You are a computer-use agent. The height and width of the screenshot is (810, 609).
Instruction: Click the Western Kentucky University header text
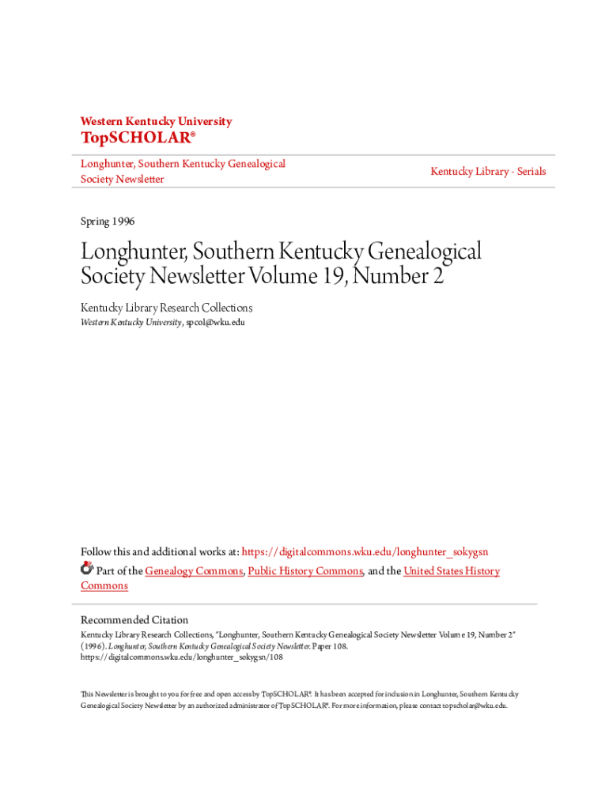click(x=156, y=121)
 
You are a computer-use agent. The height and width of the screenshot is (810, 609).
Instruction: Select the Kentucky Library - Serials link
click(x=488, y=171)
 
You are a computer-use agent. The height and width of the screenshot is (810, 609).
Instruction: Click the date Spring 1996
click(x=108, y=221)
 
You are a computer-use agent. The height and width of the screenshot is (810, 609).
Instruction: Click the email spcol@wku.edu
click(x=214, y=323)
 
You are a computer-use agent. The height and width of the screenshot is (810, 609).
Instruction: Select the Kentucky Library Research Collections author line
click(x=166, y=308)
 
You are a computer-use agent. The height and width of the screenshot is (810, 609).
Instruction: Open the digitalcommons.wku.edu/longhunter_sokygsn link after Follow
click(x=370, y=551)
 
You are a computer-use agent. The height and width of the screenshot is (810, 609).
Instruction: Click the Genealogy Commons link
click(x=194, y=571)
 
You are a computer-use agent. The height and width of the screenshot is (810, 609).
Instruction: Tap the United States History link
click(x=451, y=571)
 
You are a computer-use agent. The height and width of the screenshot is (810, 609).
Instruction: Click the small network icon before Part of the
click(x=87, y=569)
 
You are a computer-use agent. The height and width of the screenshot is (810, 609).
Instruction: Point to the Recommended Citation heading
click(x=134, y=620)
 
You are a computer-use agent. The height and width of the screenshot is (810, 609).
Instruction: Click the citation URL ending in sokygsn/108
click(x=181, y=657)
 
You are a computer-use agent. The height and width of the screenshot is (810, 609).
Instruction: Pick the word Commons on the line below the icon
click(x=104, y=585)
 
